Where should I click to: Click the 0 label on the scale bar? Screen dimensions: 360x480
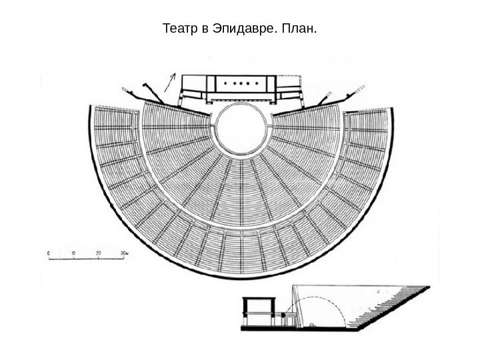click(50, 254)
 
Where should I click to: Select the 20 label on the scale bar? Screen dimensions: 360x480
click(99, 254)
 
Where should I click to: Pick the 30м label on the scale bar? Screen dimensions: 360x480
click(123, 254)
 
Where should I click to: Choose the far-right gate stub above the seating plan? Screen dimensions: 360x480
click(358, 89)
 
